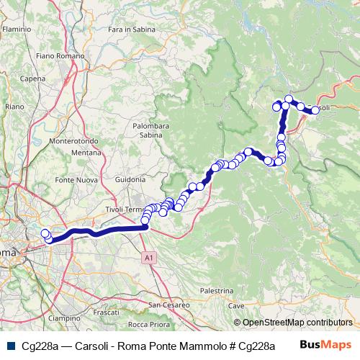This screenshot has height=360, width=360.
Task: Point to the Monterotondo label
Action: [75, 142]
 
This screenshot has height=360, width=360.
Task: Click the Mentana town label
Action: [86, 153]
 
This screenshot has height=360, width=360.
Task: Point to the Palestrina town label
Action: [217, 291]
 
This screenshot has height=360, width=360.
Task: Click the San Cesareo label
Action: [169, 305]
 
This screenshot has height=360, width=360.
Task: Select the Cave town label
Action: [235, 306]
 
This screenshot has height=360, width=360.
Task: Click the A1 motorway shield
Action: [148, 256]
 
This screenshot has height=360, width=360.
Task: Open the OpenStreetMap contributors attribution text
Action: [297, 323]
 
